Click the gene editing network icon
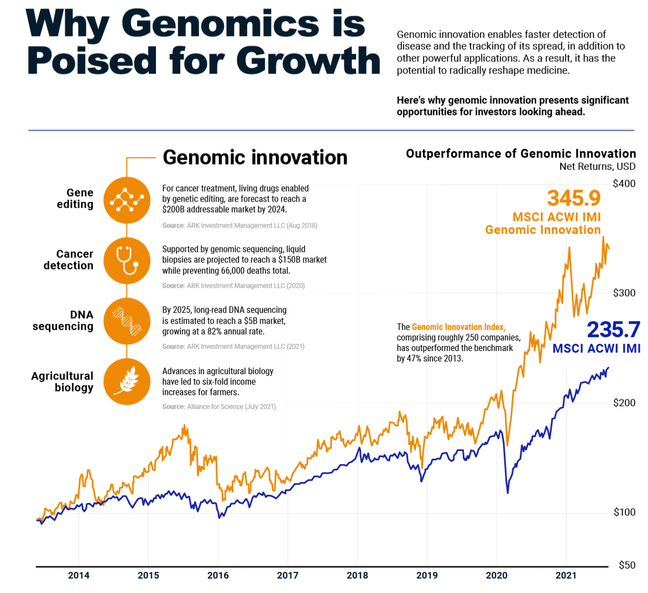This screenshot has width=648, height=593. (127, 200)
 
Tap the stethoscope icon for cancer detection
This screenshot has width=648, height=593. (127, 261)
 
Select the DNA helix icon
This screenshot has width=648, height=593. (127, 321)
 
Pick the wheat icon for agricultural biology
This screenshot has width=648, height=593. (127, 382)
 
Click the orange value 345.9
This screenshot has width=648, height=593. (573, 198)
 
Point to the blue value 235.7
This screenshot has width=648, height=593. (613, 329)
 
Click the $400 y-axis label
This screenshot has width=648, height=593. (624, 183)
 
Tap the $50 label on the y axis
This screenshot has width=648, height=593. (627, 565)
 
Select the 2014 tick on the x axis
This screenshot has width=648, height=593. (79, 575)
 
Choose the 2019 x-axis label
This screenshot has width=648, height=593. (427, 575)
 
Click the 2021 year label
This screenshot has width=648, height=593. (566, 575)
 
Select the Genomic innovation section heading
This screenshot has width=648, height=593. (255, 158)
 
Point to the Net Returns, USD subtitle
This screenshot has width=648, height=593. (597, 166)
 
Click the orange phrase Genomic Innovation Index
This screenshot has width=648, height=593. (458, 327)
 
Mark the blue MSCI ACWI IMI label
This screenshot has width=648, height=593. (596, 349)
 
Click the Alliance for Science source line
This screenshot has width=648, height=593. (219, 407)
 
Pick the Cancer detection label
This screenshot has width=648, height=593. (68, 260)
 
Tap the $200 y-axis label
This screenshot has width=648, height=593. (624, 403)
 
